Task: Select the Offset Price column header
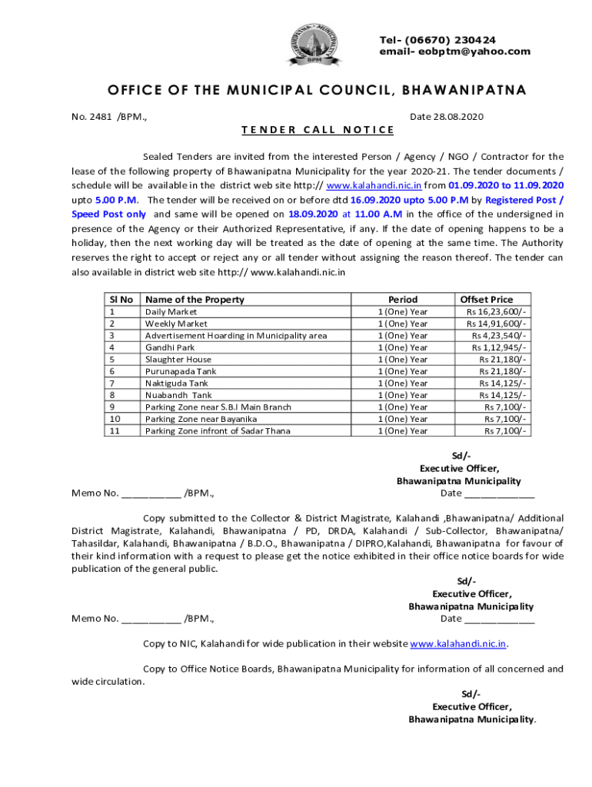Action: (486, 300)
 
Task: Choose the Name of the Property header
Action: (195, 300)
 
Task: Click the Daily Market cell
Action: (171, 312)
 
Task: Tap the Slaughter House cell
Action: (178, 360)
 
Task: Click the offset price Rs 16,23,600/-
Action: (496, 312)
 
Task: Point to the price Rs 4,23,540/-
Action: (499, 336)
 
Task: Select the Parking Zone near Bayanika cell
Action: (201, 419)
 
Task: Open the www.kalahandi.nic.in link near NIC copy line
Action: (458, 643)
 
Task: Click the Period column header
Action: (403, 300)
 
